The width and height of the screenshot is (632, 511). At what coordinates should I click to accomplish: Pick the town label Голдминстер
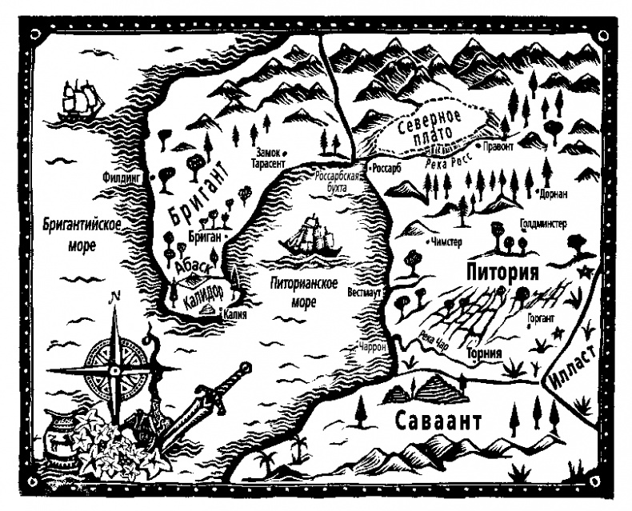tap(542, 225)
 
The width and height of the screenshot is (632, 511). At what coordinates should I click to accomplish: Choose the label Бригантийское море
tap(82, 233)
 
